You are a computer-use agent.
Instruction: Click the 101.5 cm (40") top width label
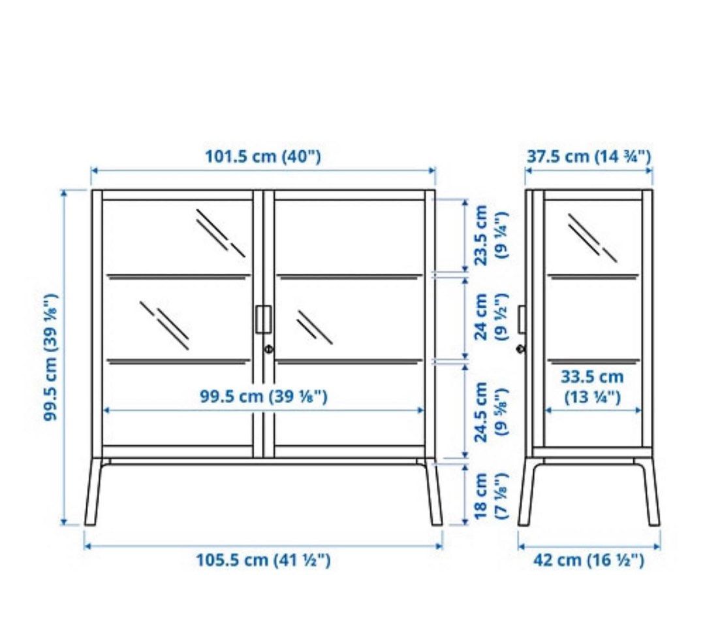click(x=263, y=157)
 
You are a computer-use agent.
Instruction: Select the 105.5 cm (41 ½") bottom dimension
click(x=263, y=560)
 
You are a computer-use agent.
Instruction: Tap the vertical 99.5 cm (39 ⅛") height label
click(x=52, y=357)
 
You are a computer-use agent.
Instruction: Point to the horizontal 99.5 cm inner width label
click(x=263, y=397)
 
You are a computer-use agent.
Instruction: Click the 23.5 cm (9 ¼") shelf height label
click(x=490, y=234)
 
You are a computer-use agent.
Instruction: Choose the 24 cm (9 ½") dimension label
click(x=490, y=316)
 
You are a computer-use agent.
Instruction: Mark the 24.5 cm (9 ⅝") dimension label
click(x=490, y=412)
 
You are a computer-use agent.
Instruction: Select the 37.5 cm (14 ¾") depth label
click(x=589, y=157)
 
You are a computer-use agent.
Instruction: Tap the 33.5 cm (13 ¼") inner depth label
click(x=592, y=386)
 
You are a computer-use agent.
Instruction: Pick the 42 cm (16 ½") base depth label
click(x=589, y=560)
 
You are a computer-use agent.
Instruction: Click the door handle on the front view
click(x=263, y=319)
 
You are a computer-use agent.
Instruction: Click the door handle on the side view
click(x=522, y=319)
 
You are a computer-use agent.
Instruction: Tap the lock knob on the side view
click(x=520, y=349)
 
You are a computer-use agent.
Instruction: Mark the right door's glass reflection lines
click(x=315, y=327)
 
